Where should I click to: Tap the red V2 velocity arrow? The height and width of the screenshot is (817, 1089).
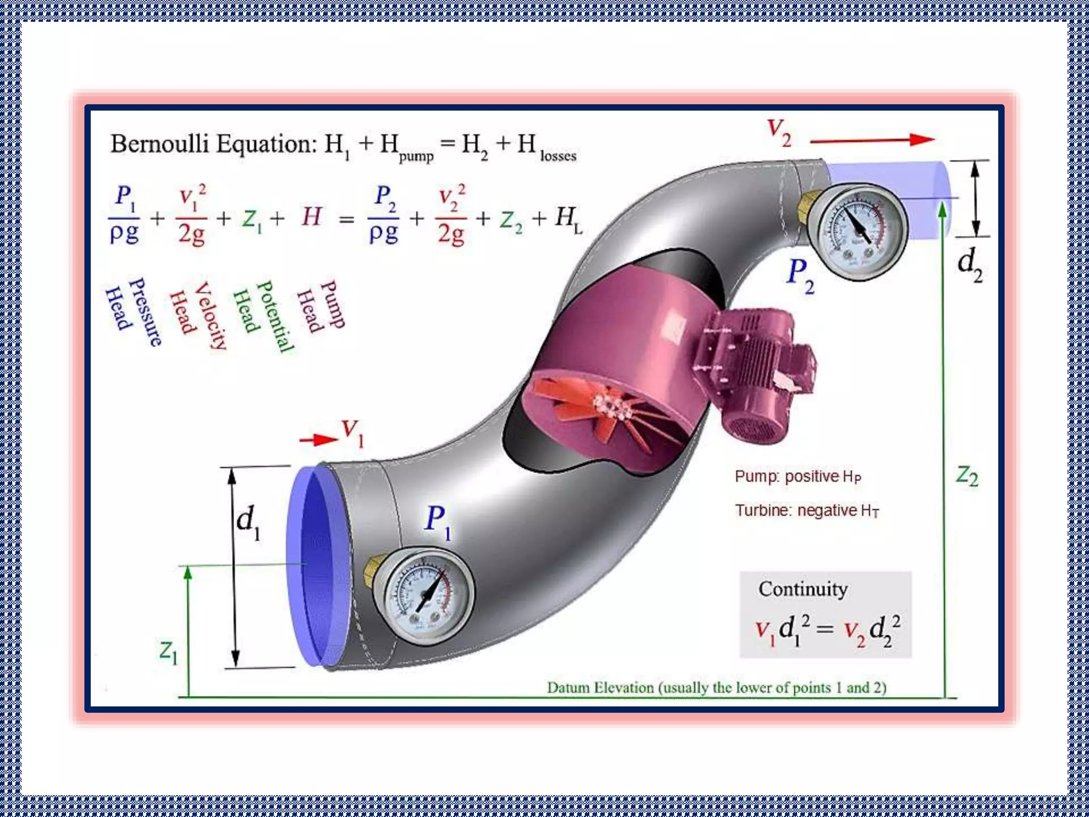872,140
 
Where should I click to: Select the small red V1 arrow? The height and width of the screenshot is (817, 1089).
318,439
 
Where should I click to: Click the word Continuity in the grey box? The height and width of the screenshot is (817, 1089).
803,589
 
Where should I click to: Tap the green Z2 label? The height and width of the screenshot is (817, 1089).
967,476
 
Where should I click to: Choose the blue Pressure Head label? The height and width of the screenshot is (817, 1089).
133,311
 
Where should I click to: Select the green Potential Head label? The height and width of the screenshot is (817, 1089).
263,315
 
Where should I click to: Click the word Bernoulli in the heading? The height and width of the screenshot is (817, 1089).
160,144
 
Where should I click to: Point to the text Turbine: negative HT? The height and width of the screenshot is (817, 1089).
807,511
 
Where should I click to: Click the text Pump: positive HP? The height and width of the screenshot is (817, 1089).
798,477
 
